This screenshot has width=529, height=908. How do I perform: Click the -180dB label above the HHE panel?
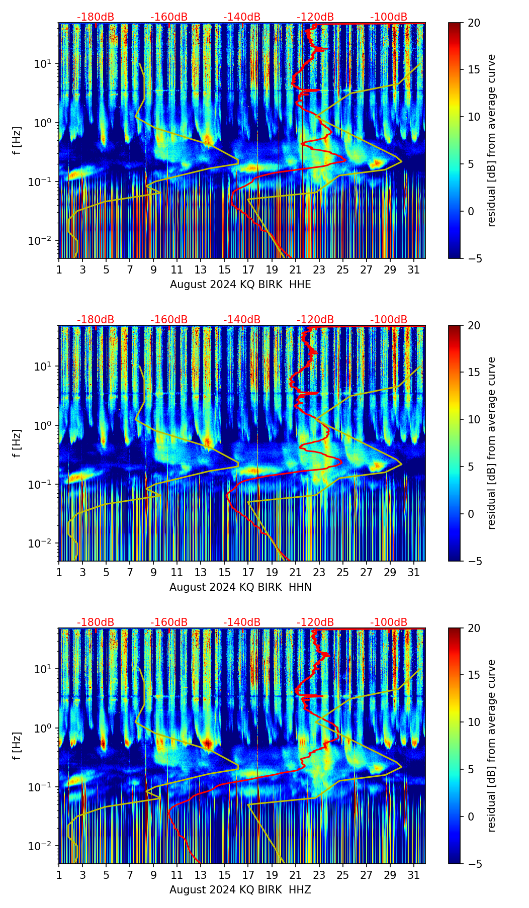coord(96,17)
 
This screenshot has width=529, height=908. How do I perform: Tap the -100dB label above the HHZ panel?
coord(389,622)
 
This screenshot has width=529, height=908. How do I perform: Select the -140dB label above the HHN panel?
coord(242,320)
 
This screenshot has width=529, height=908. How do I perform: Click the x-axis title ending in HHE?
coord(240,285)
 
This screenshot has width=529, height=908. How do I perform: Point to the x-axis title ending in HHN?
coord(240,587)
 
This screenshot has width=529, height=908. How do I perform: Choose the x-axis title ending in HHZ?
coord(240,890)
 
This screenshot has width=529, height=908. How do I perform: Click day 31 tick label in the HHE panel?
coord(413,270)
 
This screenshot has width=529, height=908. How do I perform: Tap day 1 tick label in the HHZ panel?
coord(59,875)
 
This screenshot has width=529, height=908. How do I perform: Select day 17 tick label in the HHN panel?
coord(248,573)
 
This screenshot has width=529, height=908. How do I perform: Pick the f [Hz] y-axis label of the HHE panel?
coord(17,141)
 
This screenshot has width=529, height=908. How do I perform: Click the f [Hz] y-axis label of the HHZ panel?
coord(17,746)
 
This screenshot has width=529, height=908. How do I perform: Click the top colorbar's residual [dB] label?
coord(492,141)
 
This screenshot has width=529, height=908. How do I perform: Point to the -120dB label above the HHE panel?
coord(315,17)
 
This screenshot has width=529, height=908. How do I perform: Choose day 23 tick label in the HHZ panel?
coord(319,875)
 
